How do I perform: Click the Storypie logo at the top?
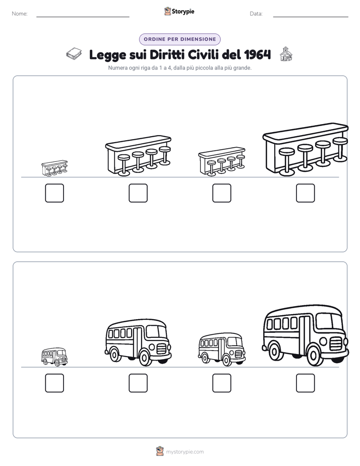[x=179, y=12]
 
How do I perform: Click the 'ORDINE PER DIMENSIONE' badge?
[x=179, y=39]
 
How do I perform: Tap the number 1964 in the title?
[x=258, y=54]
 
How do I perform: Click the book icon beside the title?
[x=74, y=54]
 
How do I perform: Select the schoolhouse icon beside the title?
[x=286, y=54]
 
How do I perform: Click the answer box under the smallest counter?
[x=54, y=193]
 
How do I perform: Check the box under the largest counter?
[x=306, y=193]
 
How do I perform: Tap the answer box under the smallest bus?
[x=54, y=383]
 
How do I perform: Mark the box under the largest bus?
[x=306, y=383]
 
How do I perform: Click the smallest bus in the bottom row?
[x=54, y=357]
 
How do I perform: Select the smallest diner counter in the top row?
[x=54, y=168]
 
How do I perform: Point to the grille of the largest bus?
[x=336, y=343]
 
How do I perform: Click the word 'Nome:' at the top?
[x=20, y=14]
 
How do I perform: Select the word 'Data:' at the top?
[x=256, y=14]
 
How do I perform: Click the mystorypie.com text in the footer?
[x=185, y=452]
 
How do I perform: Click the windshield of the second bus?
[x=155, y=331]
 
